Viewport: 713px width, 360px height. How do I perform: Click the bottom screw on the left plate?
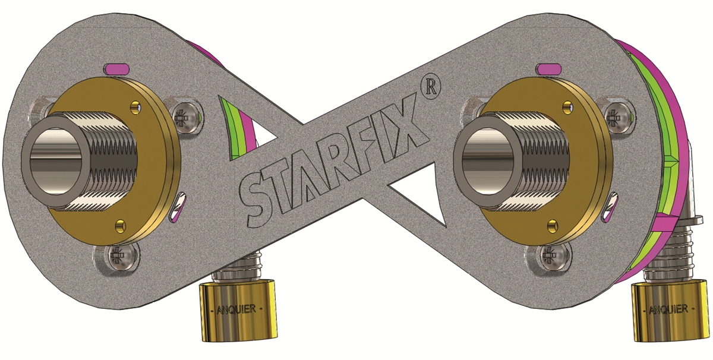pos(119,257)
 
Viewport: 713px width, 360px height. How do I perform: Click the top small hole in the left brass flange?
pos(136,106)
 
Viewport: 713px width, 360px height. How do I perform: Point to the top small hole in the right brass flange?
pos(567,108)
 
